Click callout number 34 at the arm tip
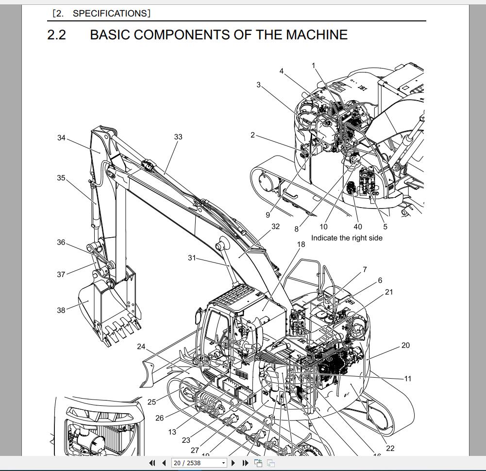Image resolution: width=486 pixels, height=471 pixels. pos(61,138)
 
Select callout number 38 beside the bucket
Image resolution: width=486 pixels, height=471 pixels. pos(61,310)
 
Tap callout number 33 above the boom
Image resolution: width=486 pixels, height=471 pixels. pos(178,137)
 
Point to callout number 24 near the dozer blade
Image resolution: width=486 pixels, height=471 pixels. pos(141,347)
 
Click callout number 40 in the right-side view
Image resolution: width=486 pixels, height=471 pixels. pos(358,227)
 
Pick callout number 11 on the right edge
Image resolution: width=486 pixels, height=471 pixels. pos(407,379)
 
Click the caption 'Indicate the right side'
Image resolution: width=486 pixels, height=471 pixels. pos(347,238)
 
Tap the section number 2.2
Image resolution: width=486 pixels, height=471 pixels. pos(57,35)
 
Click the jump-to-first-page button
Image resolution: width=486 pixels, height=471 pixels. pos(152,463)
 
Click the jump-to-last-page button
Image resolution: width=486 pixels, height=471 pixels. pos(245,463)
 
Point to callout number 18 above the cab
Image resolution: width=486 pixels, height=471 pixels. pos(301,244)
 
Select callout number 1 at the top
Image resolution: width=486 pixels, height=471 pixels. pos(314,66)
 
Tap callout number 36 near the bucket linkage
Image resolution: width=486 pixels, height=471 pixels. pos(61,243)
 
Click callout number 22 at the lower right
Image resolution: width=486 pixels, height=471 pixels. pos(390,448)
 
